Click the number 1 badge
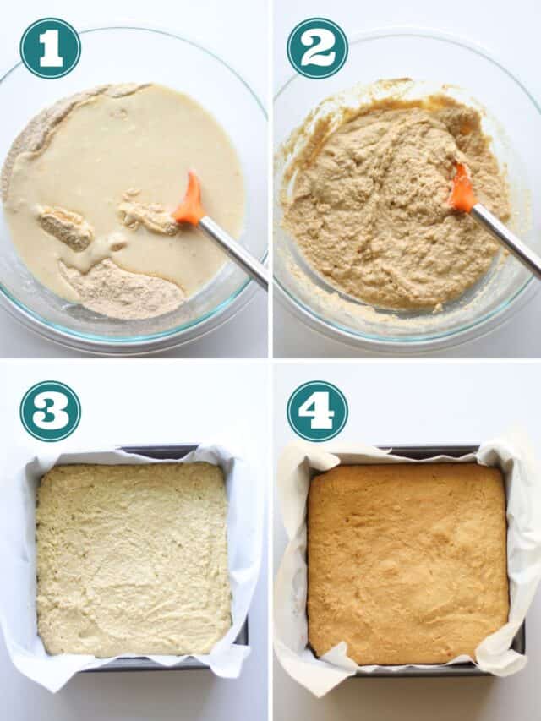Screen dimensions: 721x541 50,48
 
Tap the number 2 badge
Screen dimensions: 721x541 317,48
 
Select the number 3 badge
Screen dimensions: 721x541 50,411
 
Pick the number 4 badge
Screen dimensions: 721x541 317,411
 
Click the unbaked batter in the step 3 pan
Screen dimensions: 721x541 133,558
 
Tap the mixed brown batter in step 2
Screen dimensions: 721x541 380,211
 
